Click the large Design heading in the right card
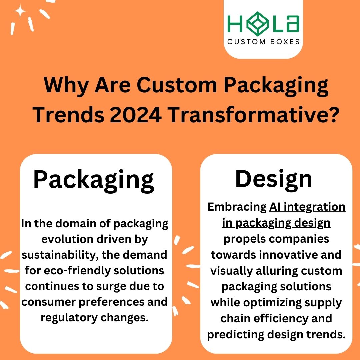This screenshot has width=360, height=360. click(x=274, y=179)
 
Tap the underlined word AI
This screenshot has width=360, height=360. click(x=275, y=207)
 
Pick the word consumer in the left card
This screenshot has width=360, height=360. click(x=47, y=302)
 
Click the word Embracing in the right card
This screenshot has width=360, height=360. click(x=236, y=207)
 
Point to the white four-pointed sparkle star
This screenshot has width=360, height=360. click(x=20, y=13)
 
